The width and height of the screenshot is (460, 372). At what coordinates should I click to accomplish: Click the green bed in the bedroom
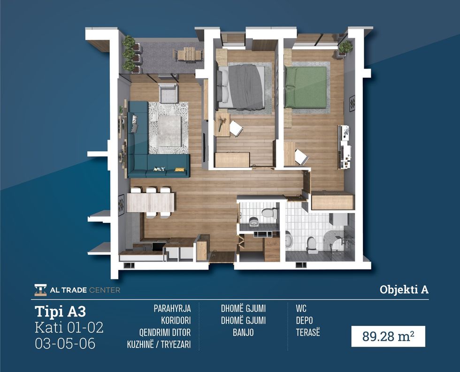tap(305, 87)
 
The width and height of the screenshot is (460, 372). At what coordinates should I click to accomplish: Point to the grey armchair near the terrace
tap(168, 93)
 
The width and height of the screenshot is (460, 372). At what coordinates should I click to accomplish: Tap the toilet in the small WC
tap(270, 212)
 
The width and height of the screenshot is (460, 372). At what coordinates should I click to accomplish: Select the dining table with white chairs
tap(151, 202)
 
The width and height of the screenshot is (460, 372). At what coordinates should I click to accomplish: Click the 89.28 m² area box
tap(388, 336)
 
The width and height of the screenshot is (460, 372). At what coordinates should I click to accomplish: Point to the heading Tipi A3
tap(60, 311)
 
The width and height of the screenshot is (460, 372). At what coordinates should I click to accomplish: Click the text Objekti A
tap(404, 289)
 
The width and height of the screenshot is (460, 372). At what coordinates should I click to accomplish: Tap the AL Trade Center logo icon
tap(40, 290)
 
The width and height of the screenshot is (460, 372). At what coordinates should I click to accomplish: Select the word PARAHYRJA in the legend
tap(172, 309)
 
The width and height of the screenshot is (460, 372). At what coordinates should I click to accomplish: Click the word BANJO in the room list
tap(243, 332)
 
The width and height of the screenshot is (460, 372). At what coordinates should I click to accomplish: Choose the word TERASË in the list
tap(308, 332)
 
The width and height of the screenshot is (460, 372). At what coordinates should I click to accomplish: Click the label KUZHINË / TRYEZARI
tap(159, 344)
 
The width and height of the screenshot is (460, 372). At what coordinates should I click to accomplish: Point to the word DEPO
tap(304, 320)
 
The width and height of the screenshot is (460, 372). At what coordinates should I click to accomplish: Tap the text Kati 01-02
tap(69, 327)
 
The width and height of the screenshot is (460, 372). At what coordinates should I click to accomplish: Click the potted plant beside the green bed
tap(345, 47)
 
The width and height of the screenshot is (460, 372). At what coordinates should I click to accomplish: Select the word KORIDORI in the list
tap(176, 320)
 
